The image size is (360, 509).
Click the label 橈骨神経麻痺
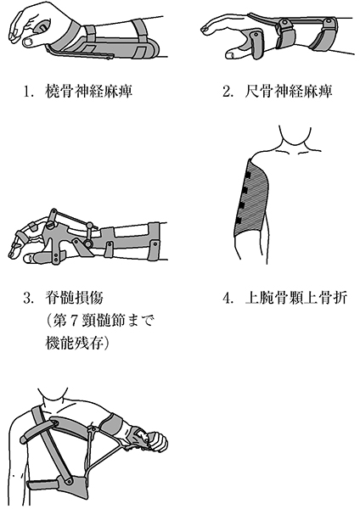[x=88, y=92]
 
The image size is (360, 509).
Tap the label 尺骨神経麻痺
[x=288, y=92]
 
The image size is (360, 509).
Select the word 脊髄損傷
[x=73, y=298]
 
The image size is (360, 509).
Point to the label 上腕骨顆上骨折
[x=295, y=298]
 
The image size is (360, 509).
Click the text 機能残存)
[x=76, y=344]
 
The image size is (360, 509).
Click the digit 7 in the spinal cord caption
[x=74, y=322]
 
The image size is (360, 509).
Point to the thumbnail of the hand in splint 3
[x=28, y=259]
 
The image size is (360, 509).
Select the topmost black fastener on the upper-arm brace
[x=249, y=176]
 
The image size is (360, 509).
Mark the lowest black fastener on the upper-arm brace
[x=239, y=221]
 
